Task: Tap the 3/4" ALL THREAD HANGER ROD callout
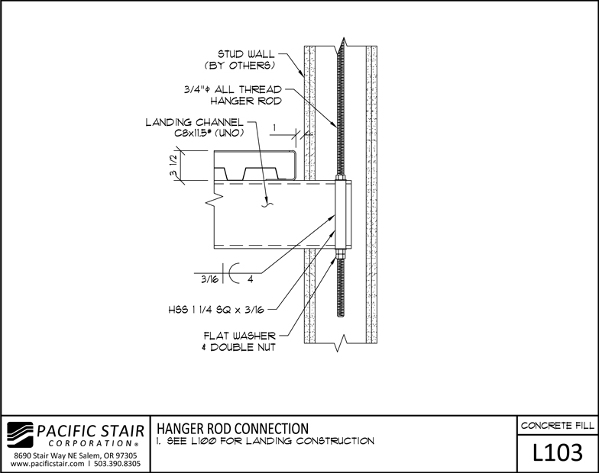(232, 95)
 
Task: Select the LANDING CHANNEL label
(194, 122)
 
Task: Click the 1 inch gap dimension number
(274, 127)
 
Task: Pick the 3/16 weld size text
(209, 279)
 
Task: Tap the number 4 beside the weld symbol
(251, 279)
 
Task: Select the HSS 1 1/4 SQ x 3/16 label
(216, 310)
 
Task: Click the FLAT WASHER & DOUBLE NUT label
(240, 342)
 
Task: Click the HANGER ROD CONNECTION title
(232, 429)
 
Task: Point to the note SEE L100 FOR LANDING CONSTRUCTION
(265, 441)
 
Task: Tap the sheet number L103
(558, 452)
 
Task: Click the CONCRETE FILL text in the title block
(558, 426)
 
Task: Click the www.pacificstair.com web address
(47, 464)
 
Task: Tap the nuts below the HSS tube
(340, 253)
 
